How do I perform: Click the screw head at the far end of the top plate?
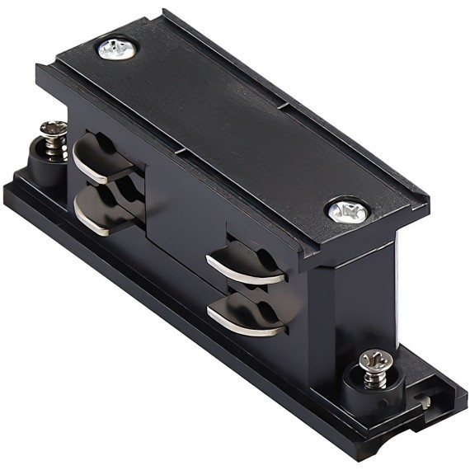tap(116, 49)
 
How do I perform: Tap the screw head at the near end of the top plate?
tap(347, 212)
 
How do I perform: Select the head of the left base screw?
tap(54, 129)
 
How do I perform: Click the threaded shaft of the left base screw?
tap(55, 146)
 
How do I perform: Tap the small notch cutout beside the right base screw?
tap(425, 402)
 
